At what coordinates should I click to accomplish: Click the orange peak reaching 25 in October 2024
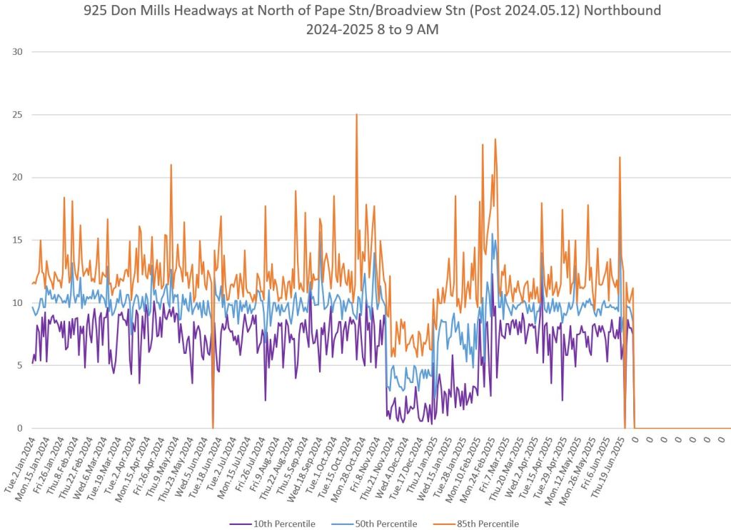point(356,115)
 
